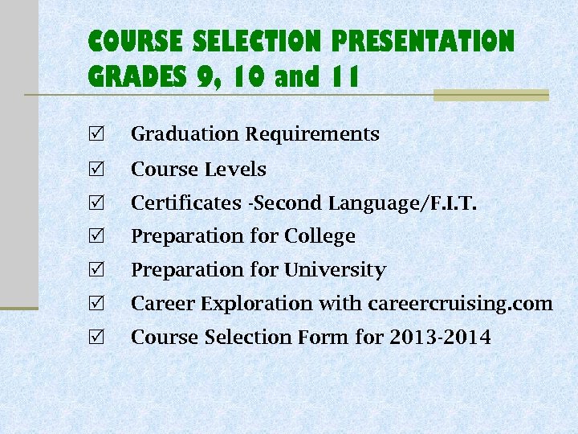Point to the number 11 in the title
343,78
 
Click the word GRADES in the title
137,78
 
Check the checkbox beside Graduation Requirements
98,133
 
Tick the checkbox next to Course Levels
98,169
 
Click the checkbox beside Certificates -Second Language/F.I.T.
98,203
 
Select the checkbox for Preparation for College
98,236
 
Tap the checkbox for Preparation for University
98,270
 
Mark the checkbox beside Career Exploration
98,304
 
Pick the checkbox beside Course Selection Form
98,338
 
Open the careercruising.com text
460,304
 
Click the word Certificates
185,203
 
